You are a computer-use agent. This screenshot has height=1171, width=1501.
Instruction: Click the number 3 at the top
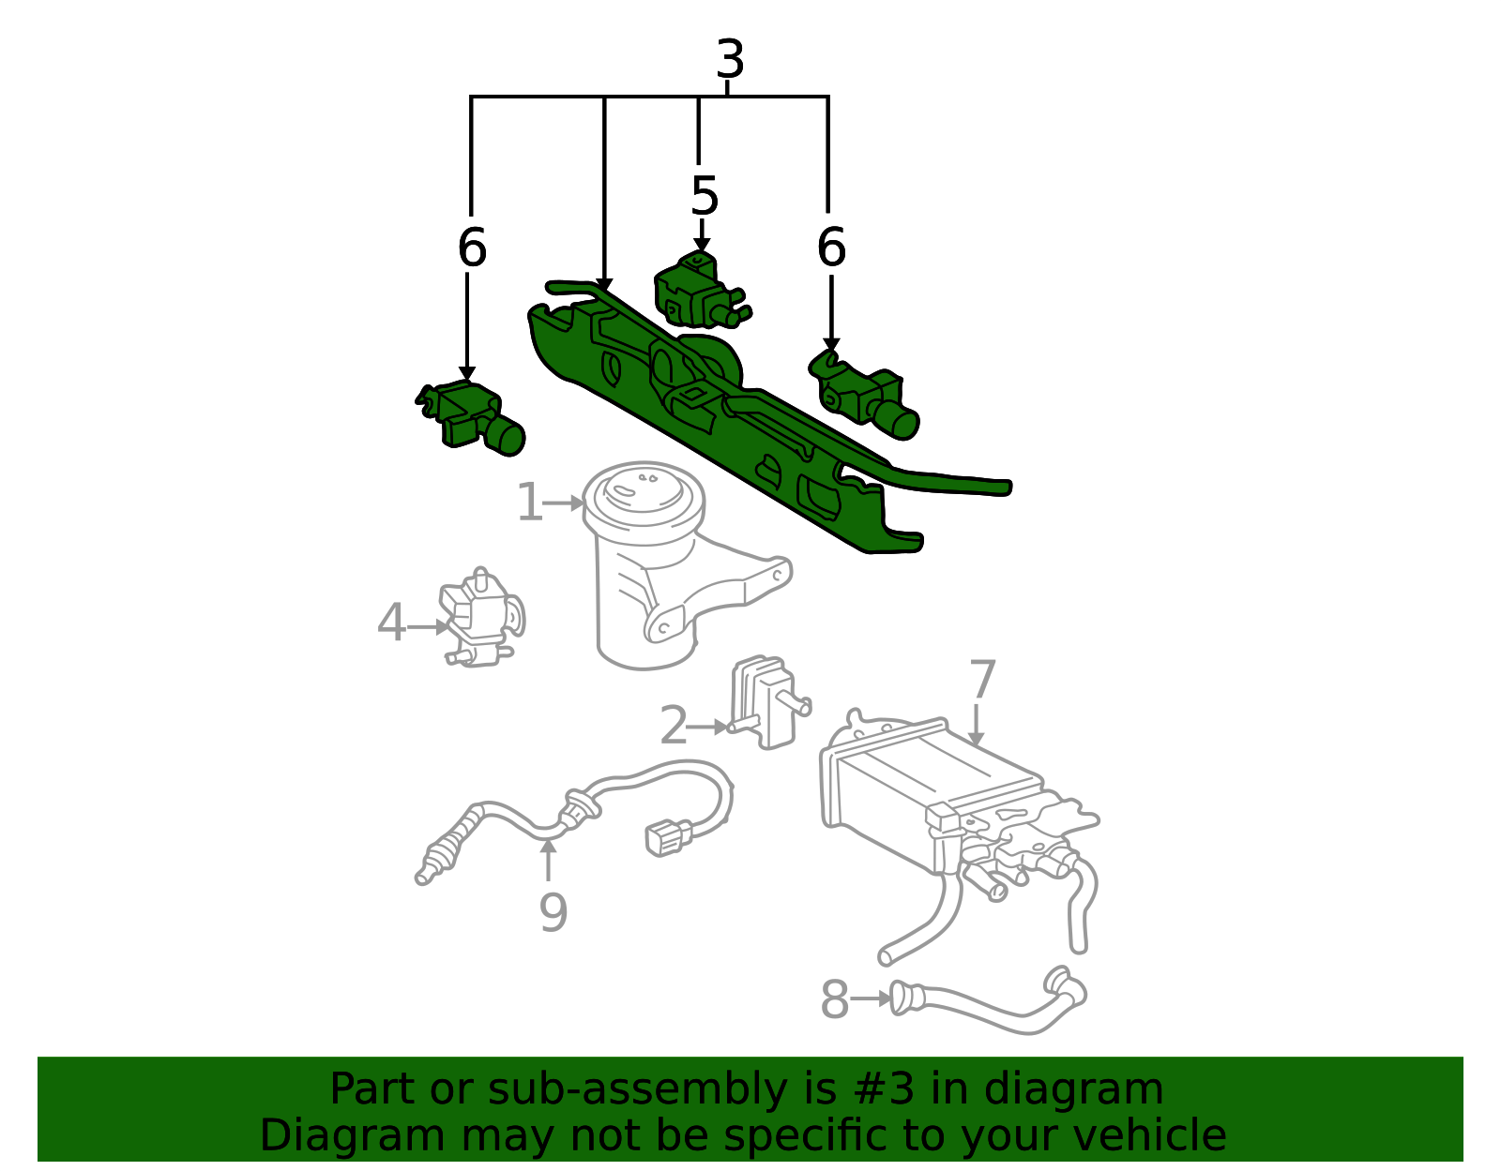pos(730,59)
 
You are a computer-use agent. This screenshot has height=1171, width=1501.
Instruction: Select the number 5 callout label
pos(704,196)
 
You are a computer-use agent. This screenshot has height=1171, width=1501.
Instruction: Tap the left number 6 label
pos(472,247)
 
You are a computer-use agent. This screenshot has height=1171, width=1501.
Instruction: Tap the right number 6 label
pos(831,247)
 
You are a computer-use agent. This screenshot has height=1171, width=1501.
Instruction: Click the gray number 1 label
pos(530,503)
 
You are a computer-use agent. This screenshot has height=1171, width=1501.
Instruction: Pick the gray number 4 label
pos(391,623)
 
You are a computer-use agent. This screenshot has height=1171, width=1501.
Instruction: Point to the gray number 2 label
pos(674,726)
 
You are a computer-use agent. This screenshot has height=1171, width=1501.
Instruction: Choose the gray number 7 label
pos(982,679)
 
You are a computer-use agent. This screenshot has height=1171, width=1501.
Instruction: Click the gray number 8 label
pos(834,998)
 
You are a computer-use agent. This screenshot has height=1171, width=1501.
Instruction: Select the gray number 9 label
pos(553,912)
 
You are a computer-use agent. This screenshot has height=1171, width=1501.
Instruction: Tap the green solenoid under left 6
pos(471,417)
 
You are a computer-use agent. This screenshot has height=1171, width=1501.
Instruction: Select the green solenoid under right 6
pos(864,396)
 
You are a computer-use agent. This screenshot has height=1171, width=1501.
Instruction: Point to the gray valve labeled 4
pos(481,618)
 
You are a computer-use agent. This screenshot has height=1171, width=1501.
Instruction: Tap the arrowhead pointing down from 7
pos(976,739)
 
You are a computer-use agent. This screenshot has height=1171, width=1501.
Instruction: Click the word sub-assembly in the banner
pos(637,1089)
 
